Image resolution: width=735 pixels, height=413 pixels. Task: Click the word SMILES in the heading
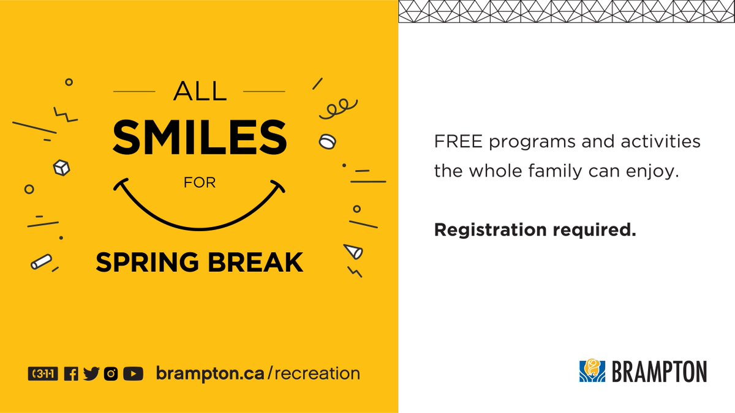click(200, 137)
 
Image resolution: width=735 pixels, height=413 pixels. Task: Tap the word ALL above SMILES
click(200, 92)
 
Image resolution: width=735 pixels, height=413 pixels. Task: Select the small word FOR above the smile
click(200, 183)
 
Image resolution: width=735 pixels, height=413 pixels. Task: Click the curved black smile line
click(200, 217)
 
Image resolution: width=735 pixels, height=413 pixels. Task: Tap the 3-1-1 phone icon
click(43, 373)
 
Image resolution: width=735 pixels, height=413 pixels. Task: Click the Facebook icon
click(71, 373)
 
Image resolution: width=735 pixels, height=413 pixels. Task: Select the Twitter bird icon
click(91, 373)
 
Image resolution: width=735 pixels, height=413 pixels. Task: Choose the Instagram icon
click(110, 373)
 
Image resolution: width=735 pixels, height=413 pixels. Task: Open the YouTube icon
click(133, 373)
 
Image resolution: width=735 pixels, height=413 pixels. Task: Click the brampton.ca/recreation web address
click(258, 373)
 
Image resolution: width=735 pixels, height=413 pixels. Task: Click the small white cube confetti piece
click(62, 166)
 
